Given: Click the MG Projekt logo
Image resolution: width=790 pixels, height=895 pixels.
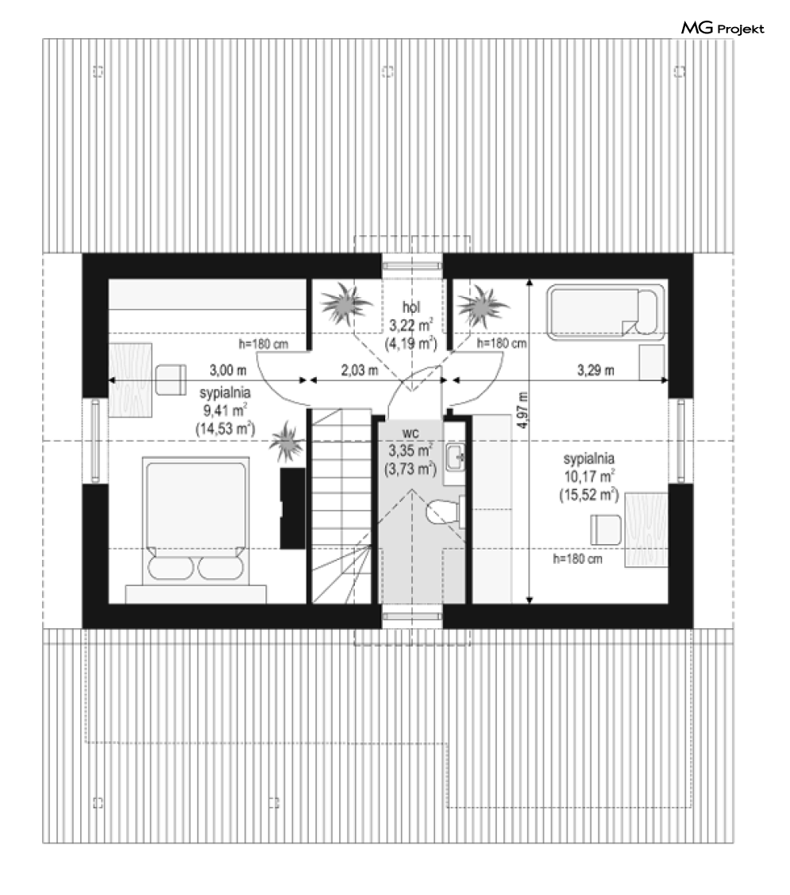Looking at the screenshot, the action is pos(722,28).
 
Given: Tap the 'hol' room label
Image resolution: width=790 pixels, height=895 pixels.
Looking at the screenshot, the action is pos(411,307).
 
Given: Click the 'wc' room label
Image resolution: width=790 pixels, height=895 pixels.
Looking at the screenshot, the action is pos(410,434).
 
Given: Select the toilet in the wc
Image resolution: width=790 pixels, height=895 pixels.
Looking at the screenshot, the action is pos(445,511).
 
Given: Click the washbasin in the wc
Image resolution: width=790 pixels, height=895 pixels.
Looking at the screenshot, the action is pos(456,457).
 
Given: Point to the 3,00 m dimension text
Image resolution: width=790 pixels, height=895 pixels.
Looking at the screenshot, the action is pos(228,370).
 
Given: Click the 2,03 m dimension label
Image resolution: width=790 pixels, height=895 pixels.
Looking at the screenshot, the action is pos(360,370).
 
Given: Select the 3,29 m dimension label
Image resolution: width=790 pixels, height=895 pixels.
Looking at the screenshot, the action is pos(596,370).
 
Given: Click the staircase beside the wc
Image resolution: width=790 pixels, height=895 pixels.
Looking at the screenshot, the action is pos(341,505).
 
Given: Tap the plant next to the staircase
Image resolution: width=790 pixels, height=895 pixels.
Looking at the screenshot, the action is pos(287,442).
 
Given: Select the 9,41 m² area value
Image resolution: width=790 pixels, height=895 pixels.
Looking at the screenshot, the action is pos(225,410).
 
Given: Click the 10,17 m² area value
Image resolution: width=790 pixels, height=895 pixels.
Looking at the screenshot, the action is pos(589,476).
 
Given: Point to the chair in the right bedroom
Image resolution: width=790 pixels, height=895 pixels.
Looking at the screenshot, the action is pos(606,530).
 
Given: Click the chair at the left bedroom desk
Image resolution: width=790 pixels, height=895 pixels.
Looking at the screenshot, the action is pos(171,380).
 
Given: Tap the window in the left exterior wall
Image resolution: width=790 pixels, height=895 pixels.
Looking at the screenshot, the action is pos(95,440).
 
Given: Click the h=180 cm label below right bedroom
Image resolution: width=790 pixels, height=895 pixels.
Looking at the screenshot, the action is pos(578,559).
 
